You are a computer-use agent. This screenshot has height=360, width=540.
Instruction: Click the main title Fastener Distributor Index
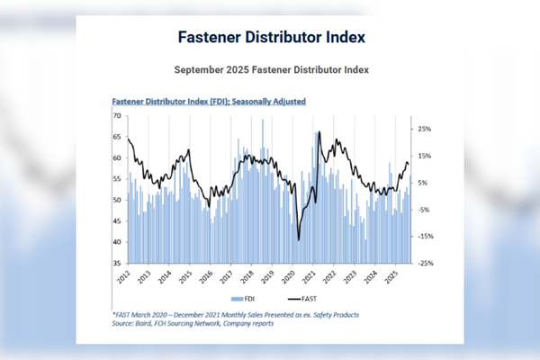(x=270, y=39)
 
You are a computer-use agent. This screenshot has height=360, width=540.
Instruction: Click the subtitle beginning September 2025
(x=269, y=68)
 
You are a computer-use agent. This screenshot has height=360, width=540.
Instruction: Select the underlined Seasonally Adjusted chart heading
(x=208, y=102)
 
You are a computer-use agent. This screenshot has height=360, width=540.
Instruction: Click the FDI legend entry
(x=241, y=298)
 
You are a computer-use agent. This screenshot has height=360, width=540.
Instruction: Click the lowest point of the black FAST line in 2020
(x=298, y=240)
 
